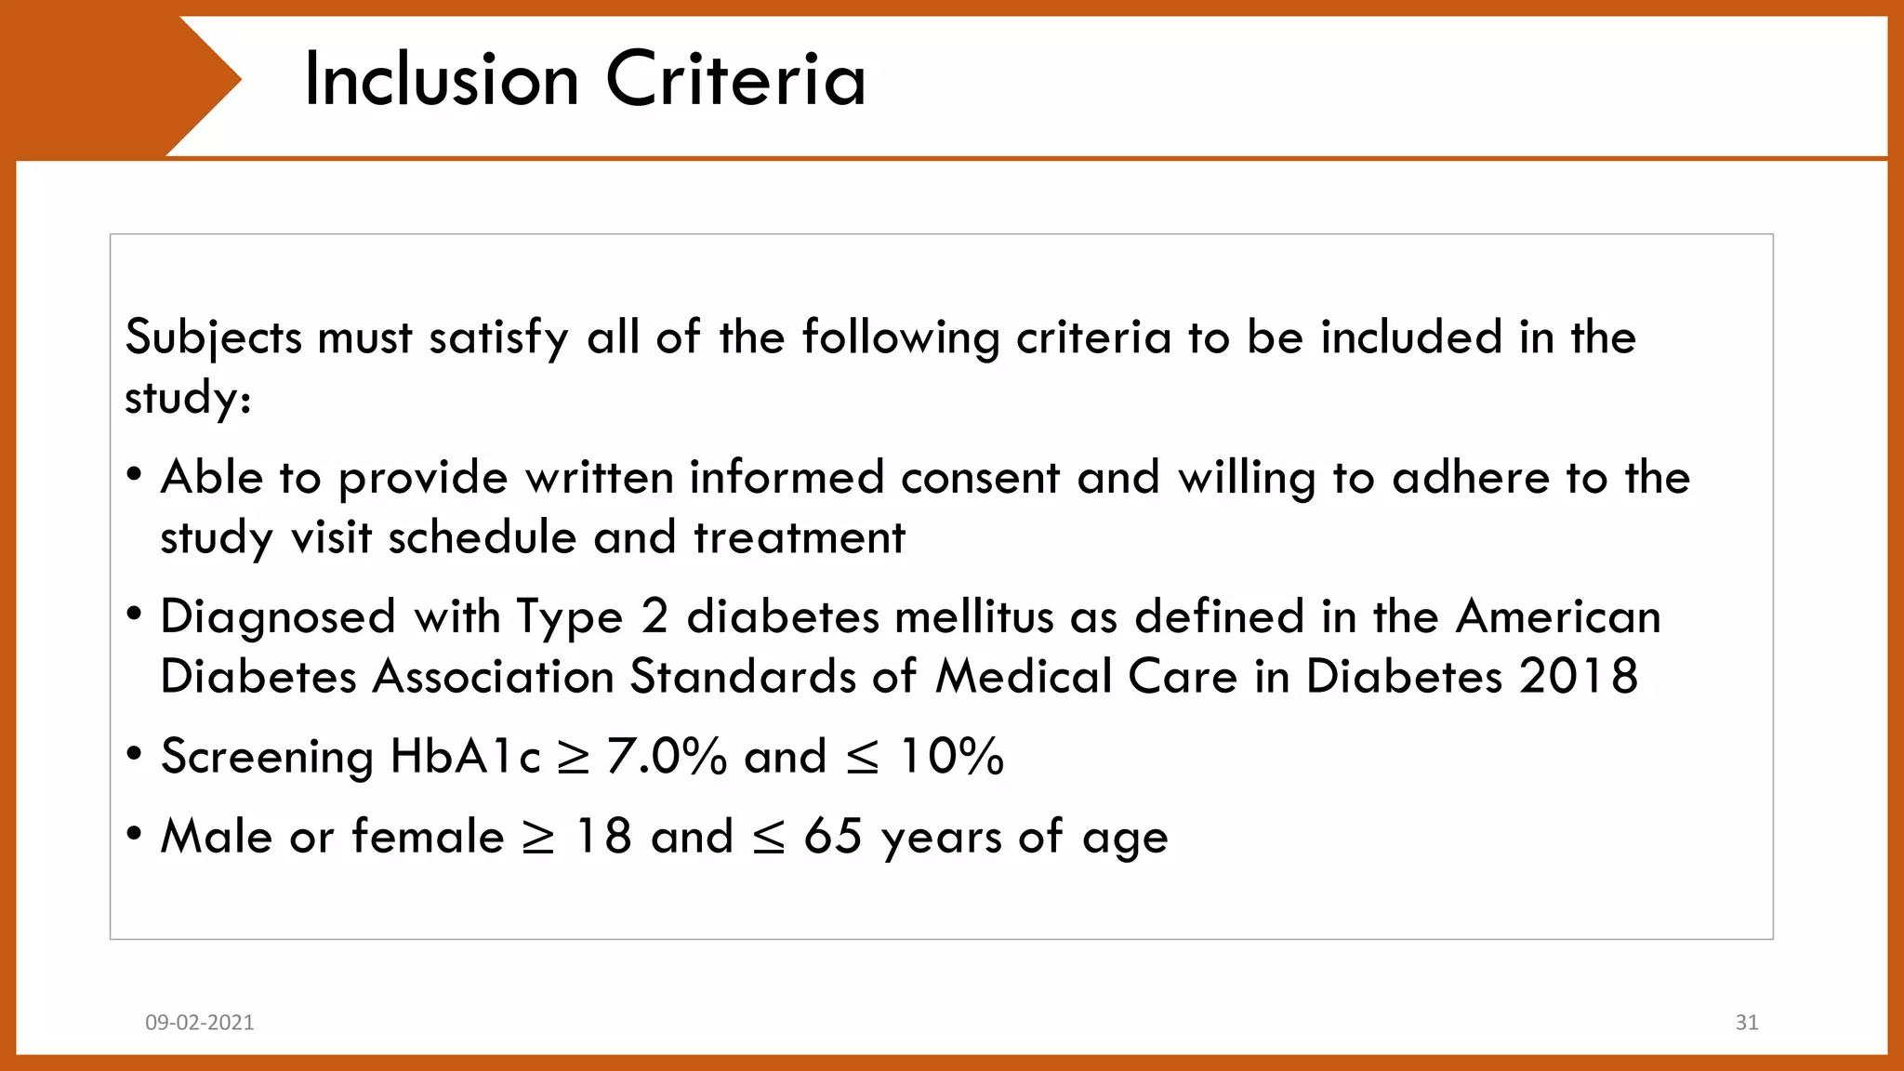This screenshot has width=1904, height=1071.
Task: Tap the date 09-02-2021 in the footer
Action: pos(200,1023)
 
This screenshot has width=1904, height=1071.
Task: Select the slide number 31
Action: pos(1747,1023)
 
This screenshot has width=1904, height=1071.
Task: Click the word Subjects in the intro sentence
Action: pos(214,337)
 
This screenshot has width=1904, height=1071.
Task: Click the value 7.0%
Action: pos(666,756)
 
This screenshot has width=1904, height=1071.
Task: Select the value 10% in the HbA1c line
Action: pos(952,756)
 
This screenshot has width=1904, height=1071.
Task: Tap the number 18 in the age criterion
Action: pos(604,836)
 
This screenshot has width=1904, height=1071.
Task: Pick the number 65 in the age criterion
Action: pos(833,836)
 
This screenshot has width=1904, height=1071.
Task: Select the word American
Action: pos(1558,616)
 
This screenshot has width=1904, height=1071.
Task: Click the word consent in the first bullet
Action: pos(980,478)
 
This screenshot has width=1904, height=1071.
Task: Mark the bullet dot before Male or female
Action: pos(135,834)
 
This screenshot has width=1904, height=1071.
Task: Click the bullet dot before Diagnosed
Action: pos(135,615)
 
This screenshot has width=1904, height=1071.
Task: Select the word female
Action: pos(428,836)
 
